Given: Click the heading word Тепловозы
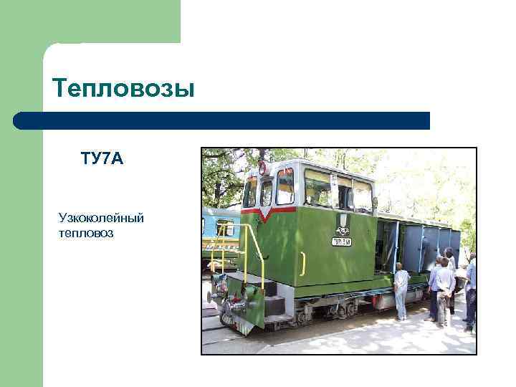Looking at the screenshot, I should tap(123, 89).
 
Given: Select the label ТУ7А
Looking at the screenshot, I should tap(102, 158).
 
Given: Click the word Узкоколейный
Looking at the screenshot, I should tap(101, 217).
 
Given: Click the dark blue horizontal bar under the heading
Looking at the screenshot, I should tap(222, 120).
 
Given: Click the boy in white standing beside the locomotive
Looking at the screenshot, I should tap(401, 290).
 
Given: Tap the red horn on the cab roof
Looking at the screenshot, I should tap(263, 168).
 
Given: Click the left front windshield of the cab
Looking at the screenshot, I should tap(250, 192).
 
